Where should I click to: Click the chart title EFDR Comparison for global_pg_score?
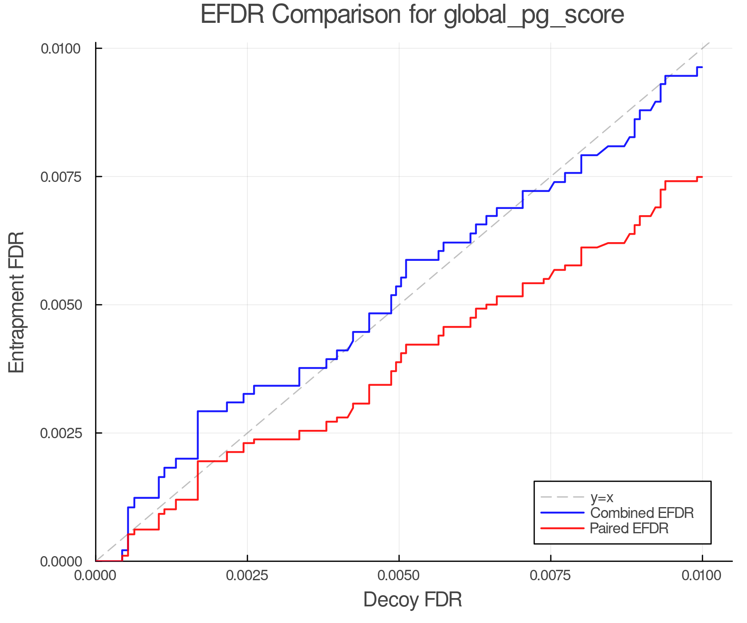click(x=412, y=15)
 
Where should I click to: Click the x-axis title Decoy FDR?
click(x=413, y=600)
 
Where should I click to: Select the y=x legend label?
click(x=601, y=497)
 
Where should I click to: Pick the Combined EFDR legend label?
click(x=642, y=513)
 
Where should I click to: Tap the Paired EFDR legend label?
click(x=629, y=528)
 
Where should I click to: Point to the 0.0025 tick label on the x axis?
click(x=247, y=576)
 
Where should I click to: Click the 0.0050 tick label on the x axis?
click(x=399, y=576)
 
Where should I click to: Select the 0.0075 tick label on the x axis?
click(x=551, y=576)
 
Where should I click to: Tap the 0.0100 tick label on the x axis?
click(x=702, y=576)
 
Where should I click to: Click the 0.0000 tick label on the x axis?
click(x=96, y=576)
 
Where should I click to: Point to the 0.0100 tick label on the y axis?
click(x=61, y=49)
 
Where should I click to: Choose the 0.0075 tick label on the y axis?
click(x=61, y=177)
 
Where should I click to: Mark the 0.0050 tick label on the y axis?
click(x=61, y=305)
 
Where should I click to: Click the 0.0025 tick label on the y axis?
click(x=61, y=433)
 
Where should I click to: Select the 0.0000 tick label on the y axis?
click(x=61, y=562)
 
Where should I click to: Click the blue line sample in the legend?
click(x=562, y=513)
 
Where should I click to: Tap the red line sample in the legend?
click(x=562, y=528)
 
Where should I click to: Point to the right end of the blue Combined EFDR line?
click(x=702, y=67)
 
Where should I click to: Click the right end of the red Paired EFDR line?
click(x=702, y=177)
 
